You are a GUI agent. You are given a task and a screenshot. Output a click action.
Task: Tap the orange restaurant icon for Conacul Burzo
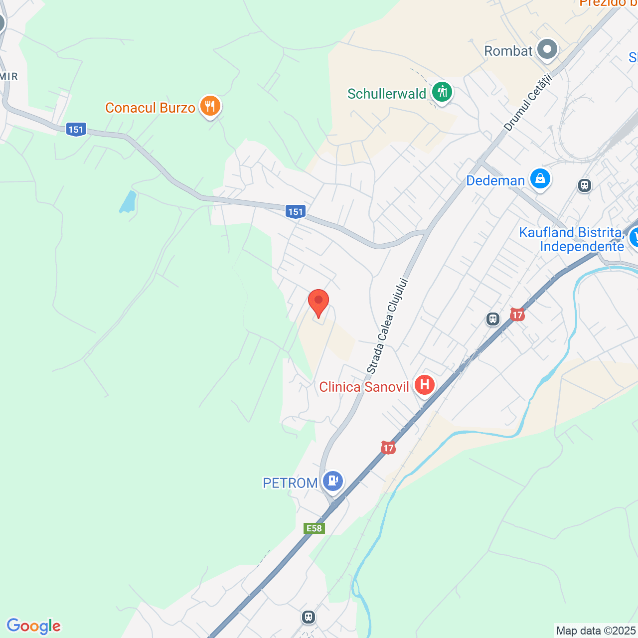pyautogui.click(x=210, y=106)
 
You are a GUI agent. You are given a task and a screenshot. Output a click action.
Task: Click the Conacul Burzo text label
pyautogui.click(x=150, y=108)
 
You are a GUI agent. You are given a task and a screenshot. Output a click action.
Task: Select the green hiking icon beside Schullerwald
pyautogui.click(x=442, y=92)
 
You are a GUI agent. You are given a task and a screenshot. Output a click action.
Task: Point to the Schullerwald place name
pyautogui.click(x=387, y=94)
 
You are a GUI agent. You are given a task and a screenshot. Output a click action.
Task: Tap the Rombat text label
pyautogui.click(x=508, y=51)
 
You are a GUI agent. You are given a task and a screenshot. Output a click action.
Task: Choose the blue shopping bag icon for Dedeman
pyautogui.click(x=540, y=178)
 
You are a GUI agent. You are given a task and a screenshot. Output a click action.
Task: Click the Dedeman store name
pyautogui.click(x=495, y=180)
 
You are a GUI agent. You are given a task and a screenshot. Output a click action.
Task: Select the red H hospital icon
pyautogui.click(x=424, y=385)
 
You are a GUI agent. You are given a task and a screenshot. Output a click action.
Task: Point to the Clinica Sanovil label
pyautogui.click(x=364, y=387)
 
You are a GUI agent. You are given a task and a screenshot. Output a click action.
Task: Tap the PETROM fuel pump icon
pyautogui.click(x=332, y=481)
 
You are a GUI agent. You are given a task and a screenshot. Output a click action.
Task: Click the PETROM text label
pyautogui.click(x=290, y=483)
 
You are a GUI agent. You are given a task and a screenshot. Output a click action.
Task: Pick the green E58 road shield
pyautogui.click(x=314, y=528)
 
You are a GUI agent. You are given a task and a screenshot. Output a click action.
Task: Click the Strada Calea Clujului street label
pyautogui.click(x=388, y=326)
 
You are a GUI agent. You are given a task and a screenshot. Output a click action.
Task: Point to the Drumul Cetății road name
pyautogui.click(x=528, y=103)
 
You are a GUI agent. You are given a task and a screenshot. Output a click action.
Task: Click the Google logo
pyautogui.click(x=34, y=626)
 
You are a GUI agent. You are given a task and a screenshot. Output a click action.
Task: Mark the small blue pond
pyautogui.click(x=128, y=202)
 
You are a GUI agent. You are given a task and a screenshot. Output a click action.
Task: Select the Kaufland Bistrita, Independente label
pyautogui.click(x=571, y=239)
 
